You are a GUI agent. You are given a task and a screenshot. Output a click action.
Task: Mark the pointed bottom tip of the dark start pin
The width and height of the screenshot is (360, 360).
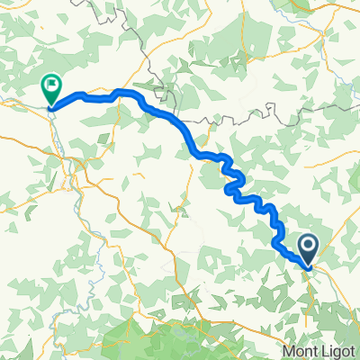[308, 267]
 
